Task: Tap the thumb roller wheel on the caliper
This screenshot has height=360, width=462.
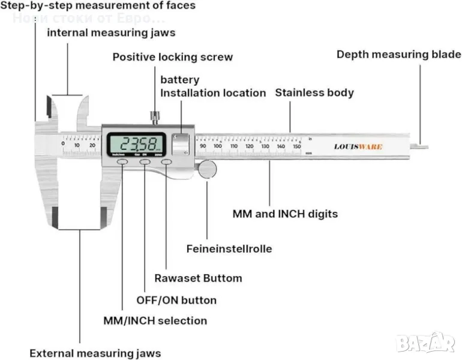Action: (x=208, y=170)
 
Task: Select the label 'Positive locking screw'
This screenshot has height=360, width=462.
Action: (x=173, y=58)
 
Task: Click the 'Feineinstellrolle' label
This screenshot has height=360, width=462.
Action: (x=229, y=248)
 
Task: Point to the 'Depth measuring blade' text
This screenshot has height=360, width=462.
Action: (x=398, y=55)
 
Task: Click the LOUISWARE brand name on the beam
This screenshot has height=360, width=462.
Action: (x=358, y=146)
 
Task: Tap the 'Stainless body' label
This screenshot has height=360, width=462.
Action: (x=314, y=93)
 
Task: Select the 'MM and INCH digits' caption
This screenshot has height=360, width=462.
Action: (x=285, y=214)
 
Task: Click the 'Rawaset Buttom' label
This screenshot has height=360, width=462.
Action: (x=198, y=278)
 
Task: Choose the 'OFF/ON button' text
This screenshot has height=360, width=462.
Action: (x=176, y=300)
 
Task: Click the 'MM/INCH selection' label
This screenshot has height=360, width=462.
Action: (x=155, y=321)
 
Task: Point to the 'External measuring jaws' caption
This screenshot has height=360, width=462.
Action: (x=95, y=353)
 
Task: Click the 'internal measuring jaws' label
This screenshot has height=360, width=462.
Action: (x=111, y=32)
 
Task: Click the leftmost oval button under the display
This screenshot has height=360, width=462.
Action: (x=122, y=162)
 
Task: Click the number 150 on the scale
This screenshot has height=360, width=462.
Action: (x=296, y=146)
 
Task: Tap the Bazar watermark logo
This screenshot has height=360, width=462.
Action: (x=426, y=343)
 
